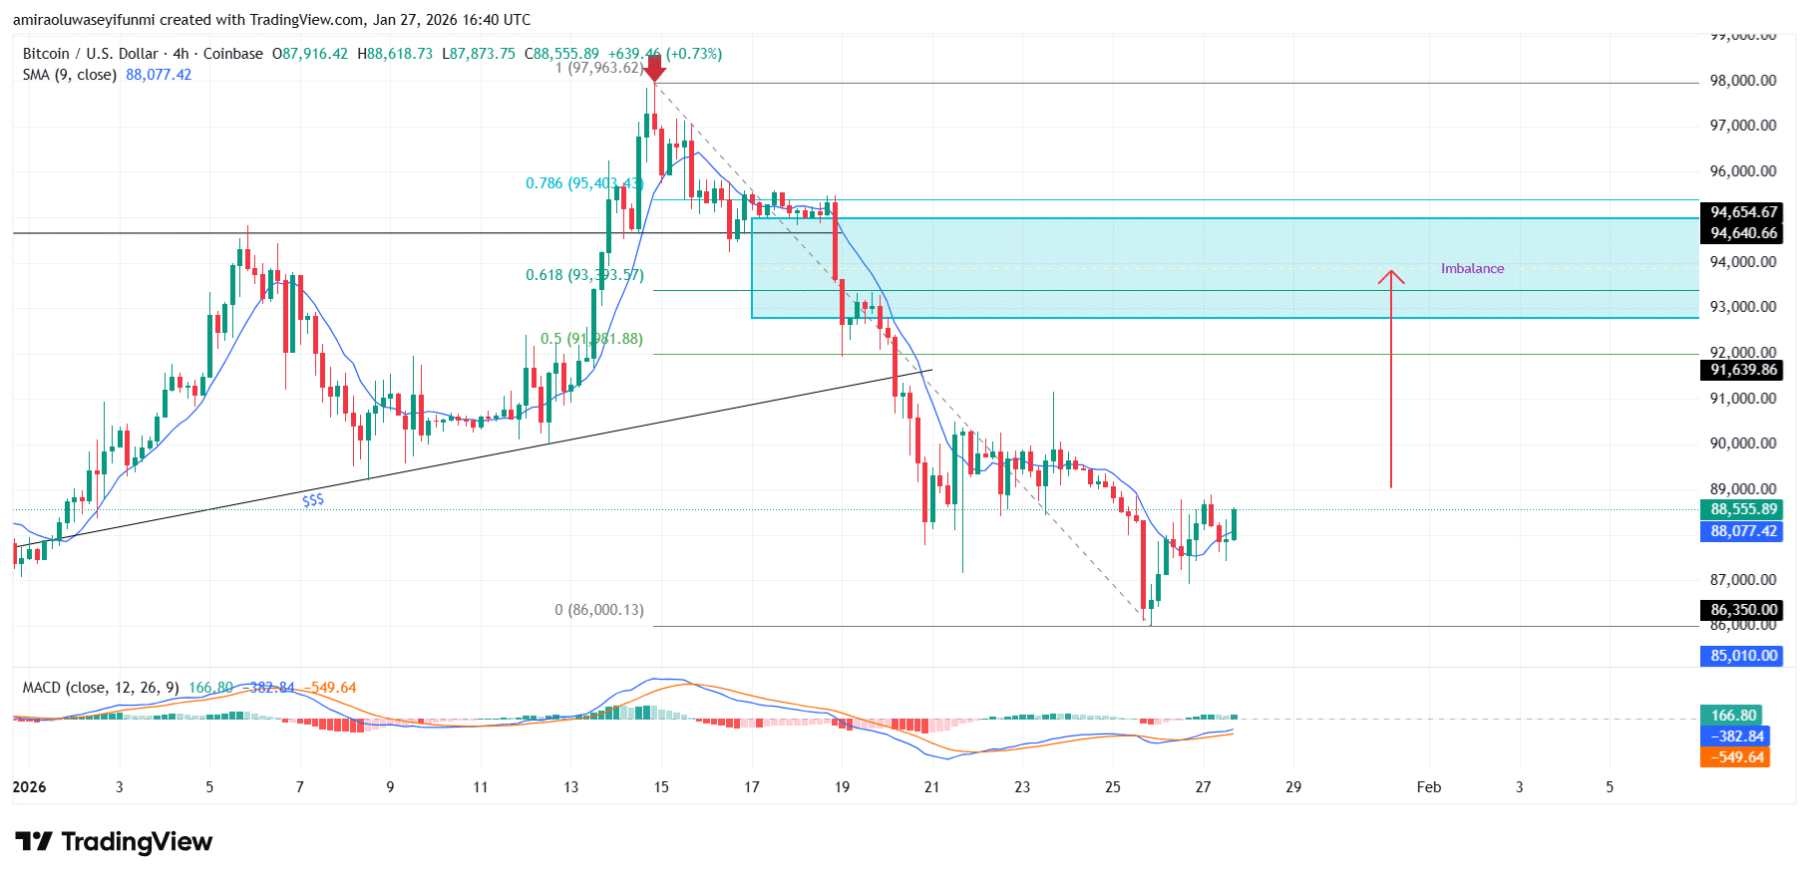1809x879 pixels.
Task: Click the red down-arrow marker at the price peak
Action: [x=654, y=69]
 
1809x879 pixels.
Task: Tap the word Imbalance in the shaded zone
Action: [x=1472, y=268]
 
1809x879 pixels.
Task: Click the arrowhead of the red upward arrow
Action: [x=1391, y=276]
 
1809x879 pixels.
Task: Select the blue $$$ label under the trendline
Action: [x=313, y=500]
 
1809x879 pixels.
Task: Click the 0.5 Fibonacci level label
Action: [x=591, y=339]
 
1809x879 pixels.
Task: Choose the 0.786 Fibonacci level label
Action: [x=583, y=183]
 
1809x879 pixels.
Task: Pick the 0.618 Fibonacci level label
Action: [x=584, y=275]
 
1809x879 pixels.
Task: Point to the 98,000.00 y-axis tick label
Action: [x=1743, y=81]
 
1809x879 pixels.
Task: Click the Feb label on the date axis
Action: [x=1428, y=787]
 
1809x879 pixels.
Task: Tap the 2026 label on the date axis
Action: [x=30, y=787]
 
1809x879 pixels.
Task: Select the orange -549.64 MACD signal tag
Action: [x=1736, y=757]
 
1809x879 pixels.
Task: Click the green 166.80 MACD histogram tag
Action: [x=1733, y=716]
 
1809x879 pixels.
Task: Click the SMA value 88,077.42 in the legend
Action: [x=159, y=75]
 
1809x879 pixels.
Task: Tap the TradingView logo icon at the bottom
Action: [x=34, y=842]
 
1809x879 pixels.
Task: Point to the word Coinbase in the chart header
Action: [x=233, y=54]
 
